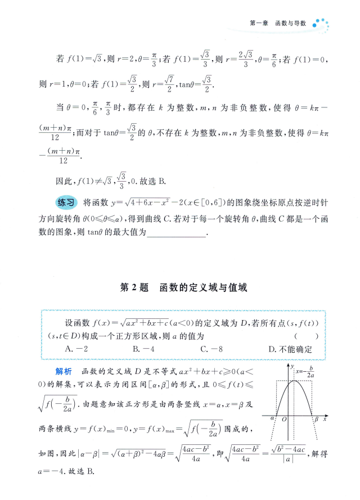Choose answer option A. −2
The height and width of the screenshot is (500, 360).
(75, 349)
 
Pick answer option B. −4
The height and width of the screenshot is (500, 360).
(143, 349)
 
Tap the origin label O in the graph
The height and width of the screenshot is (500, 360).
(285, 420)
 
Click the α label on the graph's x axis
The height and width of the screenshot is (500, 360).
(271, 420)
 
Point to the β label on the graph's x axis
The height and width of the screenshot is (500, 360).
(316, 420)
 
